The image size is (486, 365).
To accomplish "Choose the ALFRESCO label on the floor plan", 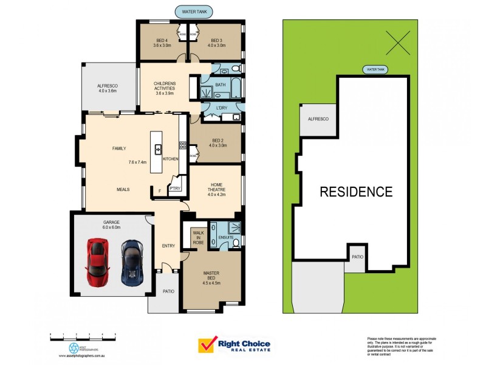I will (x=107, y=89).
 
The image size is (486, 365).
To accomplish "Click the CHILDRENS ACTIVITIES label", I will (x=165, y=88).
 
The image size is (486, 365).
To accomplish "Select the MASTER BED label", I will (x=211, y=278).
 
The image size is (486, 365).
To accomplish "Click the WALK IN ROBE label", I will (x=198, y=237).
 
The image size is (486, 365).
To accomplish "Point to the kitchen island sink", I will (x=158, y=148).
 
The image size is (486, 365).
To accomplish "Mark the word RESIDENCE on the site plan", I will (x=356, y=192).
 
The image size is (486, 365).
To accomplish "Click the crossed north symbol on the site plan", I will (x=398, y=43).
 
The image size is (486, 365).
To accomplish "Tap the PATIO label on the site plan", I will (x=358, y=257).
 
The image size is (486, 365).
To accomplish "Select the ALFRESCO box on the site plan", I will (x=318, y=119).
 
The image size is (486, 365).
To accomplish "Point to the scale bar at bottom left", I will (x=83, y=335).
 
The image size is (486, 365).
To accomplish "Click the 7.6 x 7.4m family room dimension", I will (x=138, y=162).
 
